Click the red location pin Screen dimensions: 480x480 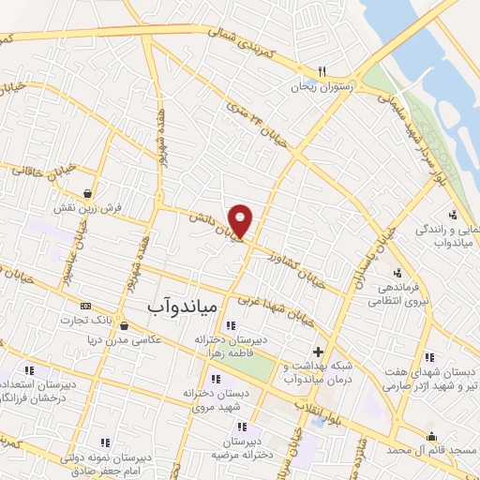click(x=241, y=219)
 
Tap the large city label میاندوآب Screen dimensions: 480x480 click(x=183, y=306)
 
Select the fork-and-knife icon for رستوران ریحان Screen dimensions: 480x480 click(x=322, y=69)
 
